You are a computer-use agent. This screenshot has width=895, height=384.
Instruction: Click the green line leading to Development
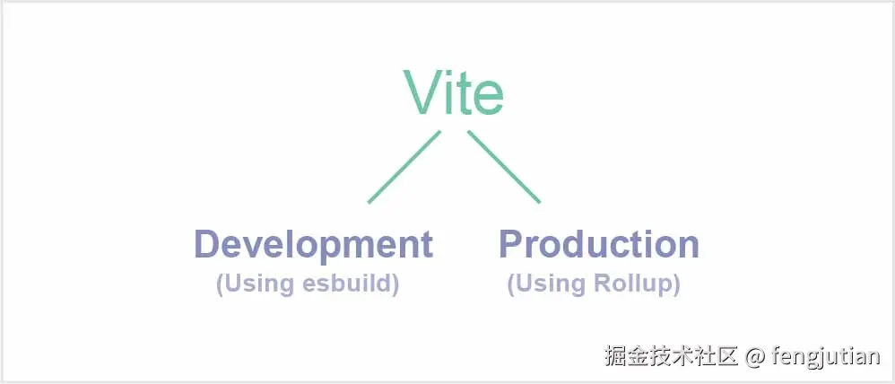point(404,168)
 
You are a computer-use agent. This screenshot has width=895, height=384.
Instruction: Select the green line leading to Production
point(504,168)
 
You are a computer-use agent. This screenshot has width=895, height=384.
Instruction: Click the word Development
point(314,245)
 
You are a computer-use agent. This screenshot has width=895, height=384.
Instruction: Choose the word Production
point(598,245)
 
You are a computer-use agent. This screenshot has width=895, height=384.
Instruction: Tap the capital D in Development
point(208,244)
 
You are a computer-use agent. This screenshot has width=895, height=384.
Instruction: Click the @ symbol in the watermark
point(756,357)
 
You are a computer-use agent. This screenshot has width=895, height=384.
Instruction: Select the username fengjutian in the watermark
point(826,357)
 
